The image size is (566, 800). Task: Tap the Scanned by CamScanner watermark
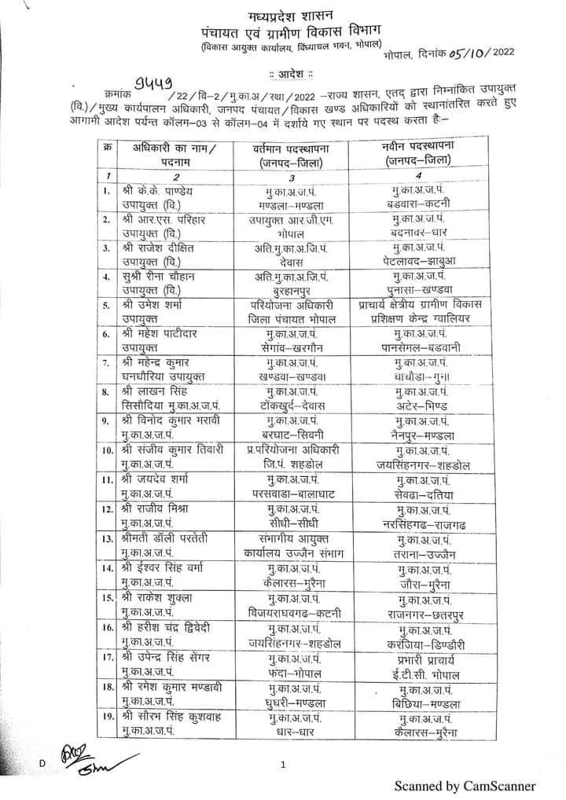click(465, 785)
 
